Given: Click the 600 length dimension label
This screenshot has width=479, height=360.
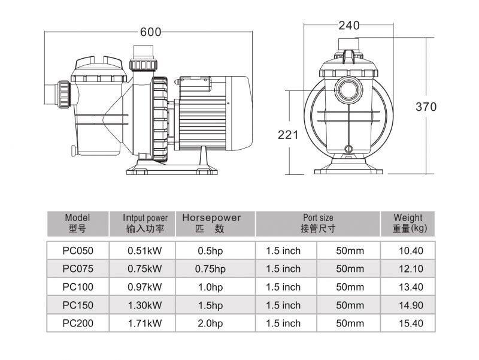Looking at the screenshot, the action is (x=150, y=32).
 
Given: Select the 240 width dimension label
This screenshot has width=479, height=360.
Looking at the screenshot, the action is (x=349, y=25).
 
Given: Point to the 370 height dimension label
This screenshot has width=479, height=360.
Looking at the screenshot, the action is (x=426, y=107).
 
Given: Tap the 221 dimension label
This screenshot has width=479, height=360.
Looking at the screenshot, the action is (x=288, y=135).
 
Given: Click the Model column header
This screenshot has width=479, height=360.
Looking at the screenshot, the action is (x=78, y=223).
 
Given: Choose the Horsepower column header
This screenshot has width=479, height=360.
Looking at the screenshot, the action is (x=211, y=223).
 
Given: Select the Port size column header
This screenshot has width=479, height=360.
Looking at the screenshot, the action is (x=318, y=223).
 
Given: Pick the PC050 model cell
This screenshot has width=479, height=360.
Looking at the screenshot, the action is (x=78, y=250).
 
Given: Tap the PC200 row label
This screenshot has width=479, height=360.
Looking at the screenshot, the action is (x=78, y=323).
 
